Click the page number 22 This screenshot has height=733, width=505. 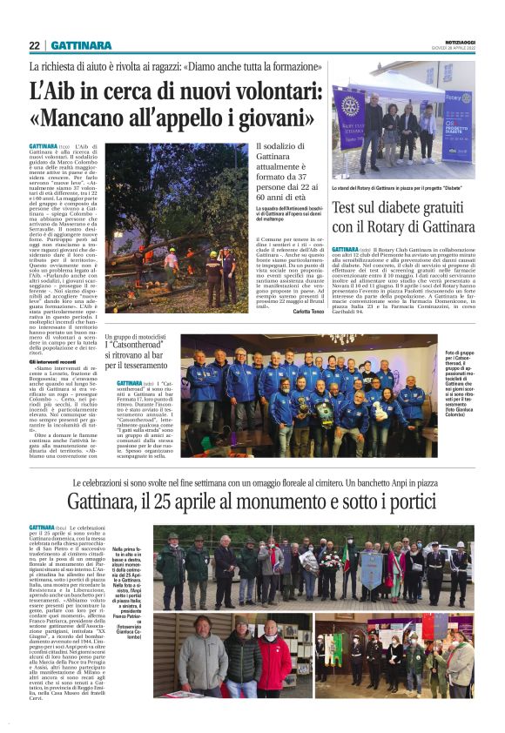coord(34,45)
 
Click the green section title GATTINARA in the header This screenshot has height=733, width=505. coord(81,45)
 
